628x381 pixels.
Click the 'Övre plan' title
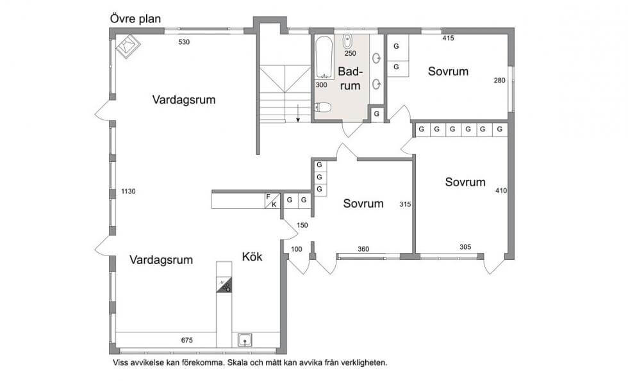tap(135, 19)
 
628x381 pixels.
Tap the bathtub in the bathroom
tap(324, 58)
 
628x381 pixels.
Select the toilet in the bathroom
tap(323, 108)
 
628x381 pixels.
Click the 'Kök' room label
tap(252, 257)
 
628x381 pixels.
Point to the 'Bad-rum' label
tap(350, 78)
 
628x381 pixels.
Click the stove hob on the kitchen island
tap(224, 284)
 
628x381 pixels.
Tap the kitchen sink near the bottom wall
tap(245, 340)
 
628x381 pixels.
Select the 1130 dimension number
tap(128, 191)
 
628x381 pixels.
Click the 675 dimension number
tap(186, 341)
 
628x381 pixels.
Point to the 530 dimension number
tap(184, 42)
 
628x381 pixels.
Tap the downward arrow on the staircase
tap(299, 113)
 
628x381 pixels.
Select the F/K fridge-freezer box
tap(272, 201)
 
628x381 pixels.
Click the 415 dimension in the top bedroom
tap(448, 38)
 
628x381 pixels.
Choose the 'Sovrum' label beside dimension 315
tap(363, 204)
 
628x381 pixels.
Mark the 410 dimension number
tap(501, 191)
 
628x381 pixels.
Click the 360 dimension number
tap(363, 249)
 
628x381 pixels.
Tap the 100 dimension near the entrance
tap(296, 249)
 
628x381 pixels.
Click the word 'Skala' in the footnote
tap(238, 363)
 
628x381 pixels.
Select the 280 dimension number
tap(499, 81)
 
